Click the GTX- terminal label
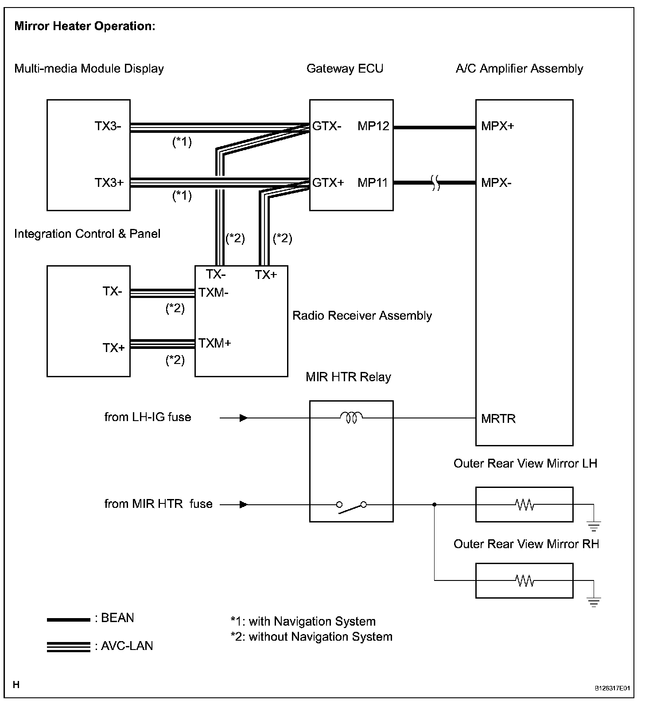tap(327, 126)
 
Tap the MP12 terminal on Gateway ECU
tap(373, 126)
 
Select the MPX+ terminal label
tap(497, 126)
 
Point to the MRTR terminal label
tap(498, 419)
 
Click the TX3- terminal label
tap(108, 126)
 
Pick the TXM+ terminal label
tap(215, 343)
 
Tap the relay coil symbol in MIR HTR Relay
tap(351, 417)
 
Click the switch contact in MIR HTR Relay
tap(351, 507)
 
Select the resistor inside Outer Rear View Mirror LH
tap(525, 504)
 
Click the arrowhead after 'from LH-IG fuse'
tap(243, 418)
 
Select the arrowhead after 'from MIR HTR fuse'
tap(243, 504)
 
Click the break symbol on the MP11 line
tap(435, 182)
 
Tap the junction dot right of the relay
tap(434, 504)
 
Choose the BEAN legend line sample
tap(68, 620)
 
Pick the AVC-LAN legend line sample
tap(68, 647)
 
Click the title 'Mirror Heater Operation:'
tap(85, 26)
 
